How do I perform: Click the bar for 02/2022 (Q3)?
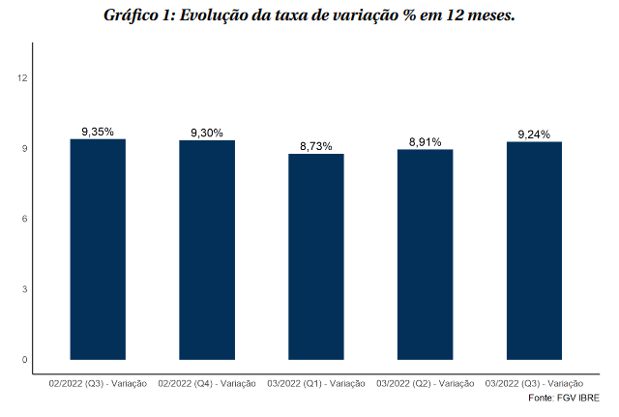pyautogui.click(x=98, y=250)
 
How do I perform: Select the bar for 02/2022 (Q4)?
pyautogui.click(x=207, y=250)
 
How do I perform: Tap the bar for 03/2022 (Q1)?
pyautogui.click(x=316, y=256)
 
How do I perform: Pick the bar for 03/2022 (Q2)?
pyautogui.click(x=426, y=254)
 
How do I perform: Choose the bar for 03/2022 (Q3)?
pyautogui.click(x=535, y=251)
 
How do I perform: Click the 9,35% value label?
pyautogui.click(x=98, y=132)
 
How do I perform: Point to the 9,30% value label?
pyautogui.click(x=207, y=133)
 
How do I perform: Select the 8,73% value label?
pyautogui.click(x=316, y=146)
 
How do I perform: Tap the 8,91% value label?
pyautogui.click(x=426, y=142)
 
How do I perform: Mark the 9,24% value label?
pyautogui.click(x=535, y=134)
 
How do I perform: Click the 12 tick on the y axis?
pyautogui.click(x=22, y=78)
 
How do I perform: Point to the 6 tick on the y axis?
pyautogui.click(x=24, y=219)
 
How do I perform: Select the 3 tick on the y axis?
pyautogui.click(x=24, y=289)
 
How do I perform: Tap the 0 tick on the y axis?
pyautogui.click(x=24, y=360)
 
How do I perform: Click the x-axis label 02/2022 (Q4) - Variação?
pyautogui.click(x=207, y=384)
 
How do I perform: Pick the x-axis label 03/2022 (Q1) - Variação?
pyautogui.click(x=316, y=384)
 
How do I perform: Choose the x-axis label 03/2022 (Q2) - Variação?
pyautogui.click(x=426, y=384)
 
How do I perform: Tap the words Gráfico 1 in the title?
pyautogui.click(x=138, y=16)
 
